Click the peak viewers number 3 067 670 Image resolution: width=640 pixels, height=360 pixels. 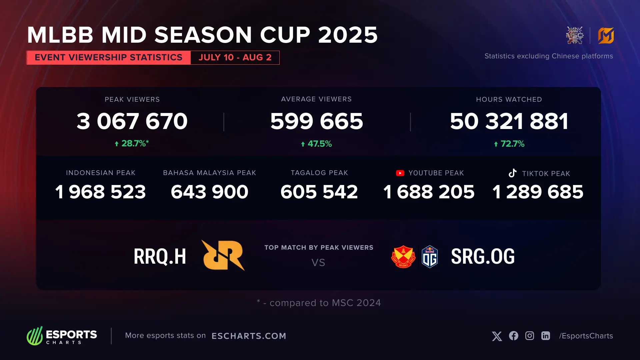pos(132,121)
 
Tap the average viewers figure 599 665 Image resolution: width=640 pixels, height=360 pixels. pos(317,121)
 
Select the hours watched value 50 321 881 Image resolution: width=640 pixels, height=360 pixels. pos(509,121)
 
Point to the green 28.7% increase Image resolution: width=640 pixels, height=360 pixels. pos(132,143)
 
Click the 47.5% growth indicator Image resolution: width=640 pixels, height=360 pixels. pos(317,144)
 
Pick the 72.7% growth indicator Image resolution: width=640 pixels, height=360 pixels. pos(509,144)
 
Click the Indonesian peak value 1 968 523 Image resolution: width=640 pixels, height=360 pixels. pos(101,192)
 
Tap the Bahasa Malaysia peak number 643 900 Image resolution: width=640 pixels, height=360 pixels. pos(210,192)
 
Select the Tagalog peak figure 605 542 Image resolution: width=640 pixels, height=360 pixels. pos(319,192)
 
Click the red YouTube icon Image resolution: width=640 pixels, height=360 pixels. pos(400,173)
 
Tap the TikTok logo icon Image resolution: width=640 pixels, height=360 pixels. pos(513,173)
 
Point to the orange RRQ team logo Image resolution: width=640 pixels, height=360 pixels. pos(223,255)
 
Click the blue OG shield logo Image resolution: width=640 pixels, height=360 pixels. pos(430,257)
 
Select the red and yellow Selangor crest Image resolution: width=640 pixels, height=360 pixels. pos(403,257)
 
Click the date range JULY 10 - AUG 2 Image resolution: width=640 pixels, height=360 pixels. pos(235,57)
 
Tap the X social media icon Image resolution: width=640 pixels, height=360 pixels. pos(497,336)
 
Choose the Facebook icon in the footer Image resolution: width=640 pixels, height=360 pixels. pos(514,336)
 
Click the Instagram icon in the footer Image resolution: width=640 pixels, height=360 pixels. pos(530,336)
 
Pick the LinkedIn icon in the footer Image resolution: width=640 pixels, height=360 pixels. pos(546,336)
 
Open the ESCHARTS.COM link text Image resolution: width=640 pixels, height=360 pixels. pos(249,336)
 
